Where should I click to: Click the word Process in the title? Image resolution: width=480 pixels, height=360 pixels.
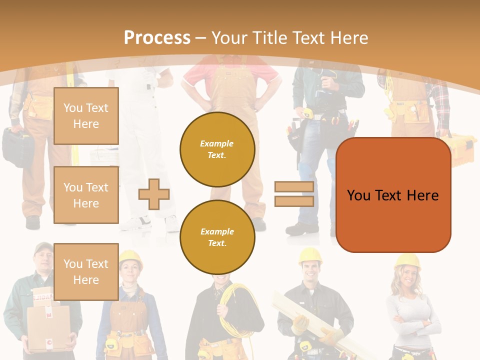click(157, 38)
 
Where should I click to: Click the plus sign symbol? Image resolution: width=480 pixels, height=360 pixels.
click(154, 194)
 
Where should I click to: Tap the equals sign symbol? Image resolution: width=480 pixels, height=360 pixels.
click(294, 194)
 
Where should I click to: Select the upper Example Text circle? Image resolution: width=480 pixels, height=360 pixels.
click(217, 149)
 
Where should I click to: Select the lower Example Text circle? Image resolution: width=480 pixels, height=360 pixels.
click(217, 237)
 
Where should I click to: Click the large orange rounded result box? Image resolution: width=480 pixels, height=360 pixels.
click(393, 195)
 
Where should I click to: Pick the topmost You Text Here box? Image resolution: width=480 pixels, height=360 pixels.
click(86, 116)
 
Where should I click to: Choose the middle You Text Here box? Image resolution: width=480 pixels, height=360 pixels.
click(86, 195)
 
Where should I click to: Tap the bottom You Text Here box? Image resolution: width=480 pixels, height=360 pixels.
click(86, 271)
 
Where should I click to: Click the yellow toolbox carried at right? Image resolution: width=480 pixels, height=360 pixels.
click(460, 150)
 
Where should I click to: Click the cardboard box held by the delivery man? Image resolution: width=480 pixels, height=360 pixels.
click(48, 327)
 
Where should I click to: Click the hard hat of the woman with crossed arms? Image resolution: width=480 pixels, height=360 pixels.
click(407, 261)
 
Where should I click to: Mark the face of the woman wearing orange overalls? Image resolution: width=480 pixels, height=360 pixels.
click(129, 272)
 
